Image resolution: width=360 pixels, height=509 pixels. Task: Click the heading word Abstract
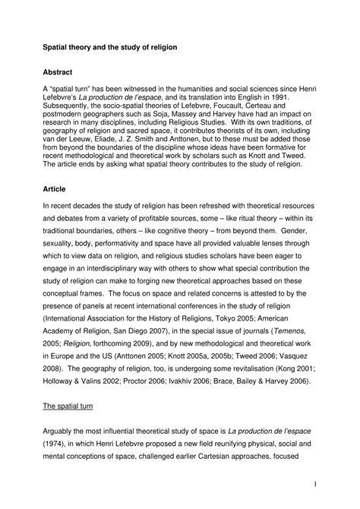pos(57,72)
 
